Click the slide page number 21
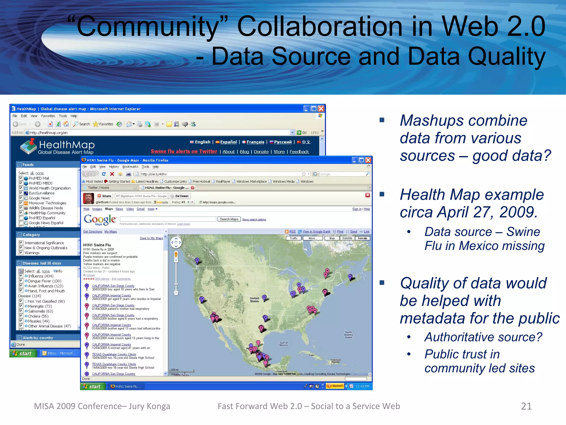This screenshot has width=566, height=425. click(526, 406)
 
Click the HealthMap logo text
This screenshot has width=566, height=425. click(67, 145)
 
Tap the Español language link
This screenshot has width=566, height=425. click(228, 142)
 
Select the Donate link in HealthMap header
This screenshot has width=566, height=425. click(261, 152)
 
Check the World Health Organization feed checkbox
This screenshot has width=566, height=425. click(21, 188)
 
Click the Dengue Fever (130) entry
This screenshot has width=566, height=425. click(44, 281)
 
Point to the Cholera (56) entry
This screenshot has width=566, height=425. click(38, 316)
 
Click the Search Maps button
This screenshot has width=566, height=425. click(229, 219)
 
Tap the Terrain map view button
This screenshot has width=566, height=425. click(362, 238)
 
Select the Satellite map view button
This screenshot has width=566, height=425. click(347, 238)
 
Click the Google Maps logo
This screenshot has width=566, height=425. click(100, 220)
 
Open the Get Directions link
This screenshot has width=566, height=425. click(93, 232)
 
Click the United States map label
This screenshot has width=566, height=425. click(254, 300)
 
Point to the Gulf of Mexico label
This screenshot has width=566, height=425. click(284, 344)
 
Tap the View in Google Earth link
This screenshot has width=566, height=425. click(316, 232)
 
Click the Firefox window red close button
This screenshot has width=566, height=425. click(368, 160)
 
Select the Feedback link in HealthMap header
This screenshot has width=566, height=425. click(299, 152)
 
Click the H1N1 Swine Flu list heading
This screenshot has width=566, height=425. click(97, 245)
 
